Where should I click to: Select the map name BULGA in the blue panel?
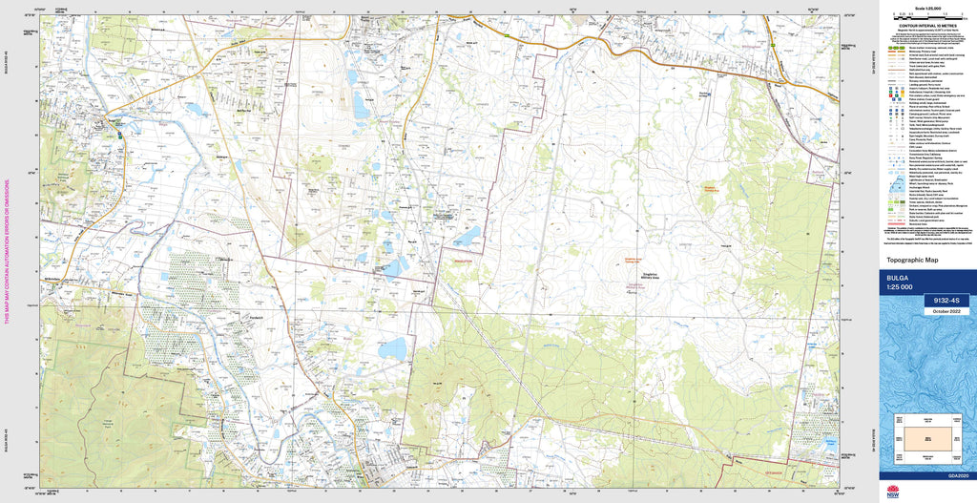(x=900, y=277)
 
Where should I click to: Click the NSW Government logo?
(x=893, y=492)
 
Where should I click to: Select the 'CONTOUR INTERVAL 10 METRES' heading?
(x=926, y=26)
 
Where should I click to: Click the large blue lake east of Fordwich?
(x=391, y=349)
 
